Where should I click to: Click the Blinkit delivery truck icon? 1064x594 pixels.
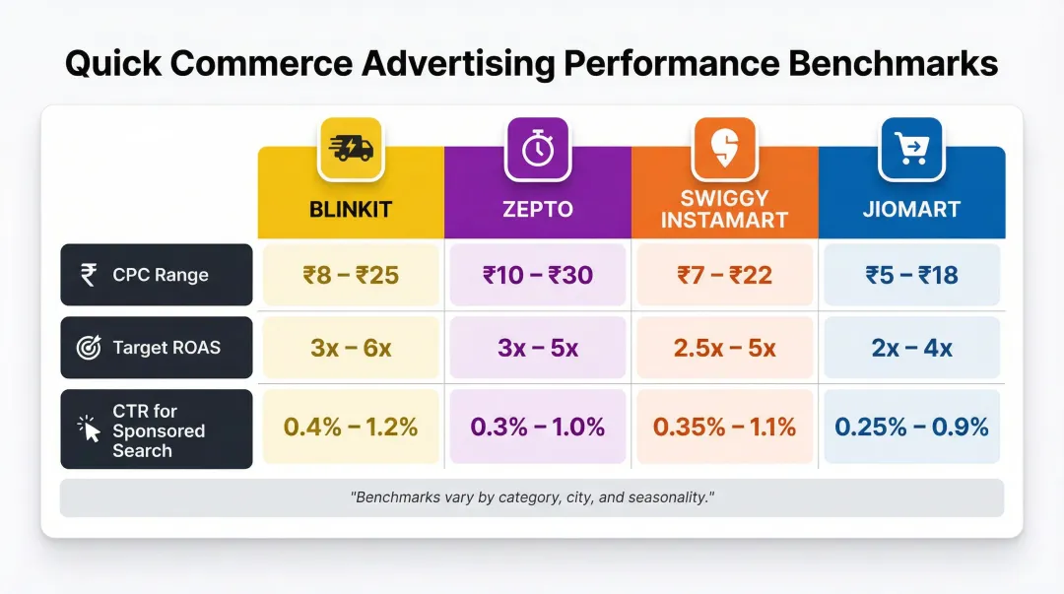[x=350, y=148]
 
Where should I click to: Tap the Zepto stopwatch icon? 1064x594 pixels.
[x=537, y=148]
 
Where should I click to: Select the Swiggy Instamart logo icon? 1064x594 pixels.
[x=724, y=148]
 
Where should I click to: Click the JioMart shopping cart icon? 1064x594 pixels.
[x=911, y=148]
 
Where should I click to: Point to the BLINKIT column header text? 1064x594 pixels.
[x=351, y=210]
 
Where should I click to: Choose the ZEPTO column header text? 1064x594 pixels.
[x=537, y=210]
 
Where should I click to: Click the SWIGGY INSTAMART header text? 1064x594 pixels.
[x=724, y=208]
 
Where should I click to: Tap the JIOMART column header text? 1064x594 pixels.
[x=911, y=210]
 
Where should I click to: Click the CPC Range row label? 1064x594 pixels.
[x=161, y=275]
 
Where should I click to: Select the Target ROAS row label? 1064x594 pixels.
[x=166, y=347]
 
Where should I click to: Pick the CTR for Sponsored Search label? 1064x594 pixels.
[x=159, y=430]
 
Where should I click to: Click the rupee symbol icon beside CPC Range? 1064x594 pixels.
[x=89, y=275]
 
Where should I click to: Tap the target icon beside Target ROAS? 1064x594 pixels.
[x=89, y=347]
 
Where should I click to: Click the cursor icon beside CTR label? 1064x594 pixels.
[x=89, y=429]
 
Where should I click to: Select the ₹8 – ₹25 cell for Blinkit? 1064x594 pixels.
[x=351, y=275]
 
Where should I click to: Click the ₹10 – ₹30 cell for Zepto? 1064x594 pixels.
[x=537, y=275]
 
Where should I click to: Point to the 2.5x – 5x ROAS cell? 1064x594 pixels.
[x=724, y=348]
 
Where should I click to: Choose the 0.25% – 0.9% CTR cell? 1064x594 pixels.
[x=911, y=427]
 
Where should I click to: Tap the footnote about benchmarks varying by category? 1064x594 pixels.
[x=532, y=497]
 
